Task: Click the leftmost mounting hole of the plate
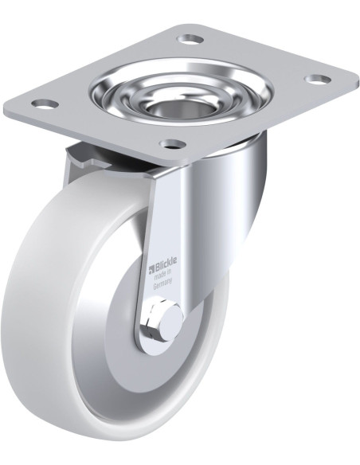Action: pos(44,104)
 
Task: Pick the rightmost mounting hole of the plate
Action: pos(317,80)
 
